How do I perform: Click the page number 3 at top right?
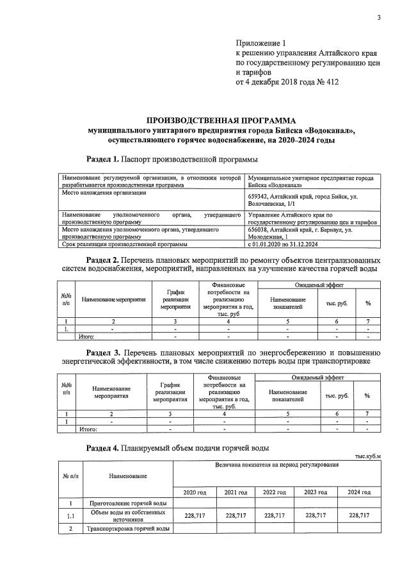pyautogui.click(x=378, y=17)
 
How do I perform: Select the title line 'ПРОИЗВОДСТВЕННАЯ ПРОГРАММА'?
pyautogui.click(x=221, y=120)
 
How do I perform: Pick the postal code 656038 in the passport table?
pyautogui.click(x=262, y=229)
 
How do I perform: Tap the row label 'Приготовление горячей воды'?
pyautogui.click(x=129, y=504)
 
